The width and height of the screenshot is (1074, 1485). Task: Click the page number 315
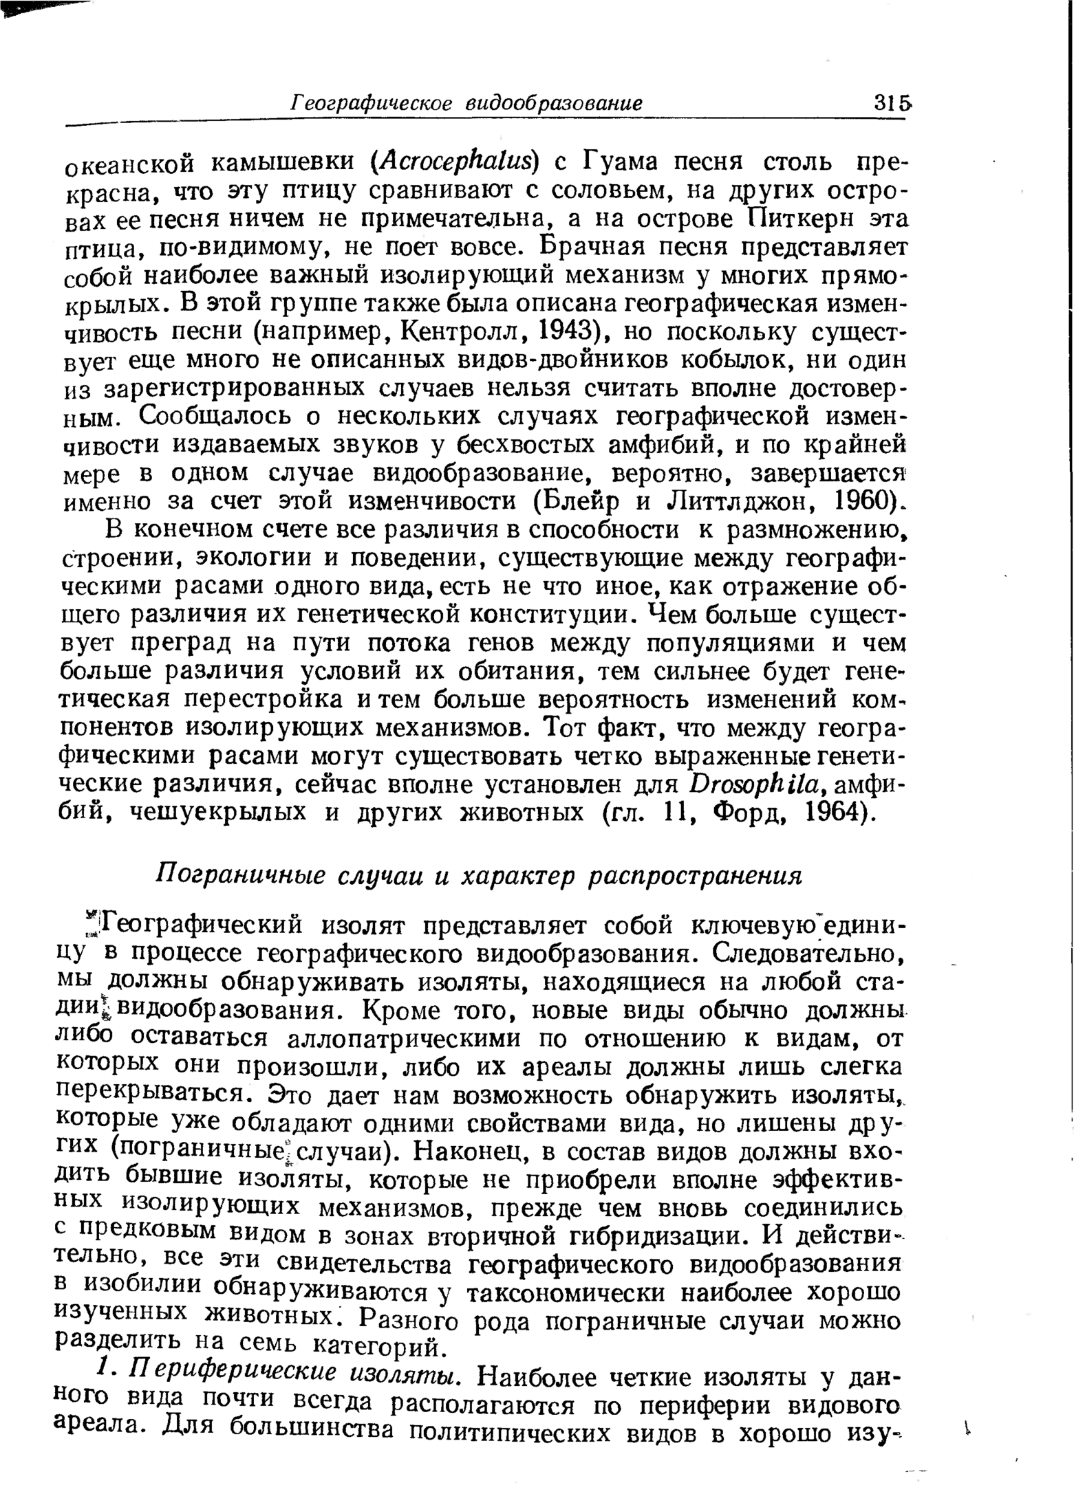pos(892,104)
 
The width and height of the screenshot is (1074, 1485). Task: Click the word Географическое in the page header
pos(371,104)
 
